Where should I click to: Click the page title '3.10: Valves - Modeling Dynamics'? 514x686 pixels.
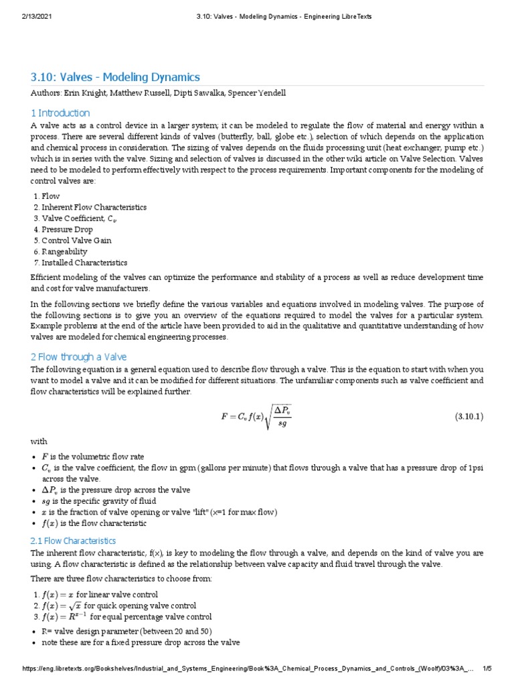(x=115, y=77)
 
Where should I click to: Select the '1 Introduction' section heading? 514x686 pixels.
(x=60, y=113)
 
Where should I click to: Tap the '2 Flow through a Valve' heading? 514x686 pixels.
(x=79, y=356)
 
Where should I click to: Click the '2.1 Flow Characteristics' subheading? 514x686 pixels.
(x=73, y=540)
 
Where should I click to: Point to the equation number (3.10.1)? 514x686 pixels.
(x=469, y=416)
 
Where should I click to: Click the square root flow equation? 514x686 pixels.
(x=256, y=416)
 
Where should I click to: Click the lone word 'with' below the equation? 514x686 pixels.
(x=39, y=441)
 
